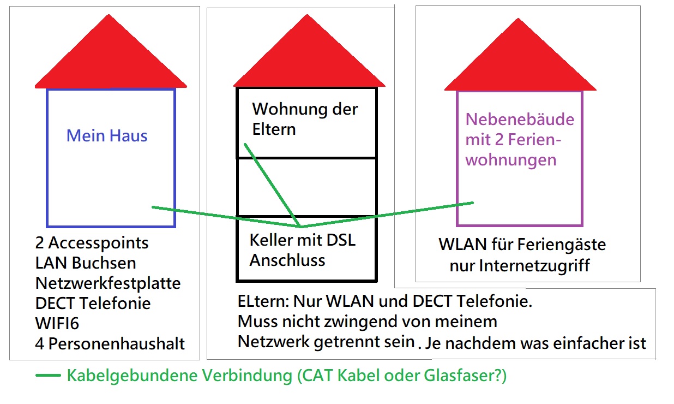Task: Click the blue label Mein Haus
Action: click(107, 135)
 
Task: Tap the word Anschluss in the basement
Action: click(287, 260)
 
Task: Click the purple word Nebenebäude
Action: click(520, 120)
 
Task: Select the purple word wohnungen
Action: click(511, 160)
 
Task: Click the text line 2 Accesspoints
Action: click(92, 243)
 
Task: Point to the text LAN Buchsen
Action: click(86, 263)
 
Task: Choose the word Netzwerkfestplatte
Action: click(108, 283)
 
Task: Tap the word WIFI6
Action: click(57, 324)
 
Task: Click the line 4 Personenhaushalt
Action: click(110, 344)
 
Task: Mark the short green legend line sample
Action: click(48, 376)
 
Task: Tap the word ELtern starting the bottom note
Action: click(263, 301)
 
